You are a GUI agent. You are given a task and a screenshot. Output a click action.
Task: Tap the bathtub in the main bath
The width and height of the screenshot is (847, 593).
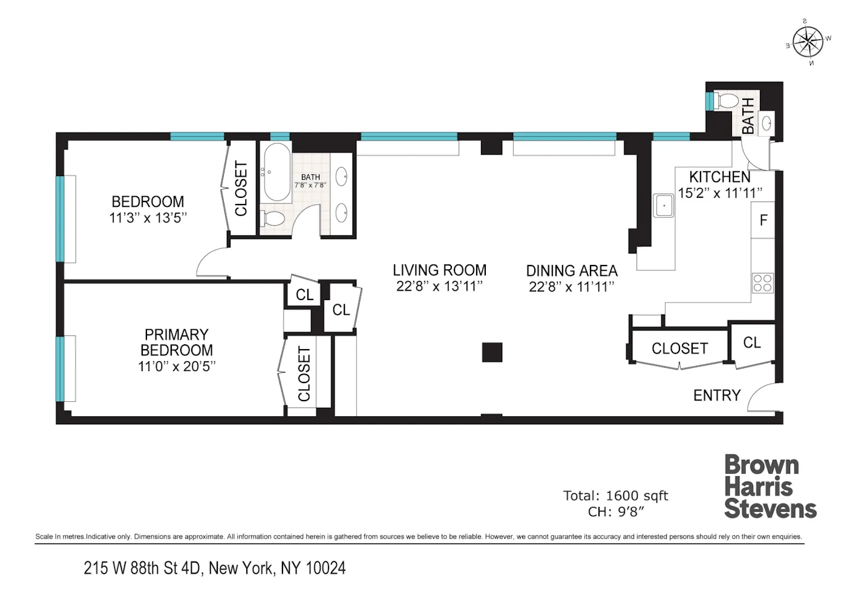[x=277, y=172]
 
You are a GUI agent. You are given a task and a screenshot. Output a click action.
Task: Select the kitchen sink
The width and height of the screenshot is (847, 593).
[x=664, y=206]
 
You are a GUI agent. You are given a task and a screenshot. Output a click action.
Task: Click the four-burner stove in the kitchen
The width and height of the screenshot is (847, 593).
[x=762, y=283]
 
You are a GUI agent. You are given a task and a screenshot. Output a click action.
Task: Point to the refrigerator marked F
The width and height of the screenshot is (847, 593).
[x=763, y=220]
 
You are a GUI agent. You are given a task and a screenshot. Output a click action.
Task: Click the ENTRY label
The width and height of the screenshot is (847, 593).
[x=717, y=395]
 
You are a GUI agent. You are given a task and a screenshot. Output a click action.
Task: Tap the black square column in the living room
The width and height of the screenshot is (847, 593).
[x=492, y=352]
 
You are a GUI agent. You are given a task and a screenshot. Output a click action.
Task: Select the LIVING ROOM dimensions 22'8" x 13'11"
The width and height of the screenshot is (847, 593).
[x=439, y=286]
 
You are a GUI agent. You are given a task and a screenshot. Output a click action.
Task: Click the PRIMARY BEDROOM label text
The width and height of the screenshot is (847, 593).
[x=176, y=342]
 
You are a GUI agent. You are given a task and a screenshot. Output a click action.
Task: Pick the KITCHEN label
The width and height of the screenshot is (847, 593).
[x=720, y=177]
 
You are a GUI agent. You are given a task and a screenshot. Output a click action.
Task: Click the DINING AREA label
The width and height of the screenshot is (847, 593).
[x=572, y=270]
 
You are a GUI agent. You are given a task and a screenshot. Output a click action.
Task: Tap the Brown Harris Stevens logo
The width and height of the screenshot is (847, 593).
[x=770, y=487]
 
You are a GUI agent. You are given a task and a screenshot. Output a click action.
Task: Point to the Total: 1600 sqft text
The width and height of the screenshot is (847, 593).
[x=615, y=496]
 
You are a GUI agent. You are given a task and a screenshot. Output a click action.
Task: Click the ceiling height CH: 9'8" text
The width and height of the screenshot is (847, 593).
[x=615, y=512]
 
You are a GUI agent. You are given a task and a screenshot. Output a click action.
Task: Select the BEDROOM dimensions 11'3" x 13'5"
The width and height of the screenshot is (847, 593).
[x=148, y=218]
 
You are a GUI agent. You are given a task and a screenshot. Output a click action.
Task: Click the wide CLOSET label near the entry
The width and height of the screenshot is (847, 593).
[x=679, y=349]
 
